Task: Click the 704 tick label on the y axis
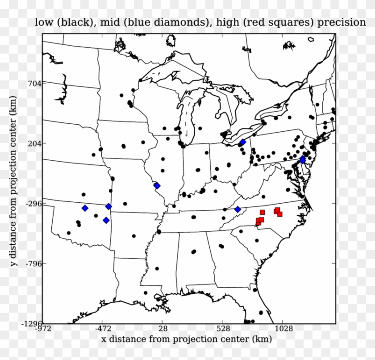coord(34,83)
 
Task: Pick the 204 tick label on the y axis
coord(34,143)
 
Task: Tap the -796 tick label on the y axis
coord(32,264)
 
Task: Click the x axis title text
coord(187,340)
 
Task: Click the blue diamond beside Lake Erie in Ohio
coord(243,142)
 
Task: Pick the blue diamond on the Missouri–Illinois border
coord(157,186)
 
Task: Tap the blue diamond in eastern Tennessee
coord(237,209)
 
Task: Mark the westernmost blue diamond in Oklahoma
coord(85,208)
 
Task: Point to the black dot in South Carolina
coord(257,240)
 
